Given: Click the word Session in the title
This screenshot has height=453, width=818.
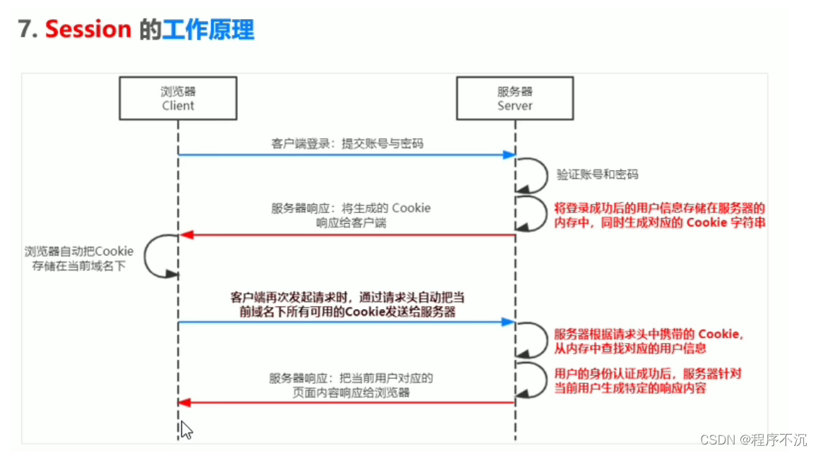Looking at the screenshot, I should coord(88,30).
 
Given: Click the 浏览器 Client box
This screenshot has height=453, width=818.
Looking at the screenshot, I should coord(178,99).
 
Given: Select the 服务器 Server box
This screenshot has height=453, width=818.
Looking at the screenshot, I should coord(515,99).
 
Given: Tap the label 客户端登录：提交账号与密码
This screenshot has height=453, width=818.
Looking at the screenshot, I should coord(348,144).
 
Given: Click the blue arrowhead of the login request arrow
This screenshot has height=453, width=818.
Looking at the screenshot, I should coord(509,155).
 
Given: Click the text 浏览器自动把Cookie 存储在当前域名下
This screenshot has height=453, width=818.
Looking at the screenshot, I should coord(78,259).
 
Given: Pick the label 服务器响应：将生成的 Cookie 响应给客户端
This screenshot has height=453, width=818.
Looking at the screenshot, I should coord(351,215).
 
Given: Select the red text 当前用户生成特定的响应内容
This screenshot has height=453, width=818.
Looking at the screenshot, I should coord(630,388).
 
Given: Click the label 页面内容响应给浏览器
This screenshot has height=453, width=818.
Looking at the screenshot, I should coord(351,392).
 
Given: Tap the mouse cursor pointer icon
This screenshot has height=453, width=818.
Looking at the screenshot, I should coord(186,428).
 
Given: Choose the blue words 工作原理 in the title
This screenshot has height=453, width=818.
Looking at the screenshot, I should coord(207,30).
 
